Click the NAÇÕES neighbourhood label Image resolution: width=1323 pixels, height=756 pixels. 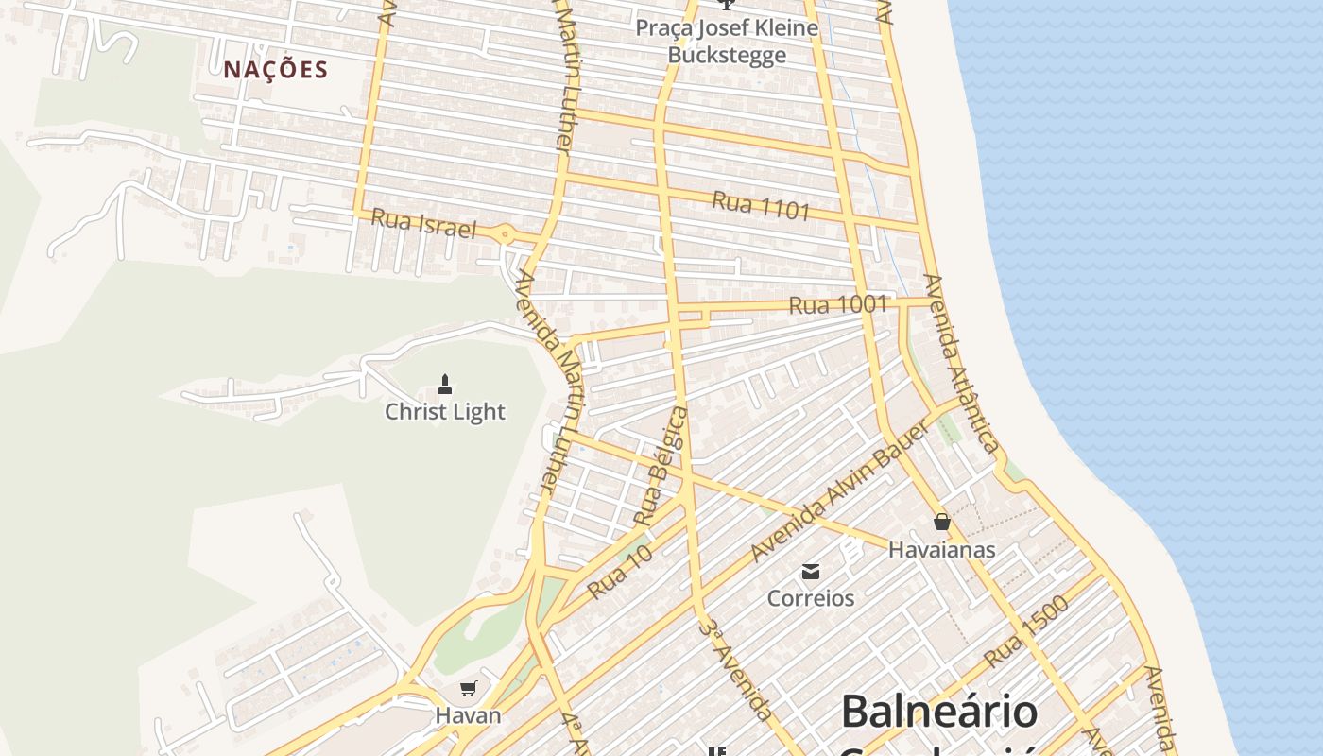click(x=276, y=69)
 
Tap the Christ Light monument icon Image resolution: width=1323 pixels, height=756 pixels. click(x=445, y=384)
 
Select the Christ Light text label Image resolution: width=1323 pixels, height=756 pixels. click(x=445, y=412)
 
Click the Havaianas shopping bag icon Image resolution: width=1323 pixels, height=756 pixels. click(x=942, y=522)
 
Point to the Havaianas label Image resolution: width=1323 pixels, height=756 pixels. click(x=941, y=549)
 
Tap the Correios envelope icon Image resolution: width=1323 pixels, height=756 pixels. click(x=811, y=571)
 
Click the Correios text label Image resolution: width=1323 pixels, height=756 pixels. click(x=811, y=598)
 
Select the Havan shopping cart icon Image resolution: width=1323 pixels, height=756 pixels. click(x=468, y=688)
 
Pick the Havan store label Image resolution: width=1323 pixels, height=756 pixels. click(x=468, y=715)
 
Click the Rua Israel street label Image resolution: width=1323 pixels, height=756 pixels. click(x=422, y=223)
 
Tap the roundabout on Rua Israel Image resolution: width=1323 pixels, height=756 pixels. click(x=506, y=234)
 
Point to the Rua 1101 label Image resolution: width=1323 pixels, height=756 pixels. click(x=761, y=205)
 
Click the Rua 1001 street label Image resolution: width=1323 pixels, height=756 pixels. click(x=837, y=304)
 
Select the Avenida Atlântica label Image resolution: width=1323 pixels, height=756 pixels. click(x=962, y=364)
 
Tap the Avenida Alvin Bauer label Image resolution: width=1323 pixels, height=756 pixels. click(x=840, y=491)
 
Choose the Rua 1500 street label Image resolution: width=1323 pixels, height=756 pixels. click(x=1026, y=630)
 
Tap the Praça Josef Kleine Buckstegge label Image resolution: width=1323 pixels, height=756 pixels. click(x=727, y=41)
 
